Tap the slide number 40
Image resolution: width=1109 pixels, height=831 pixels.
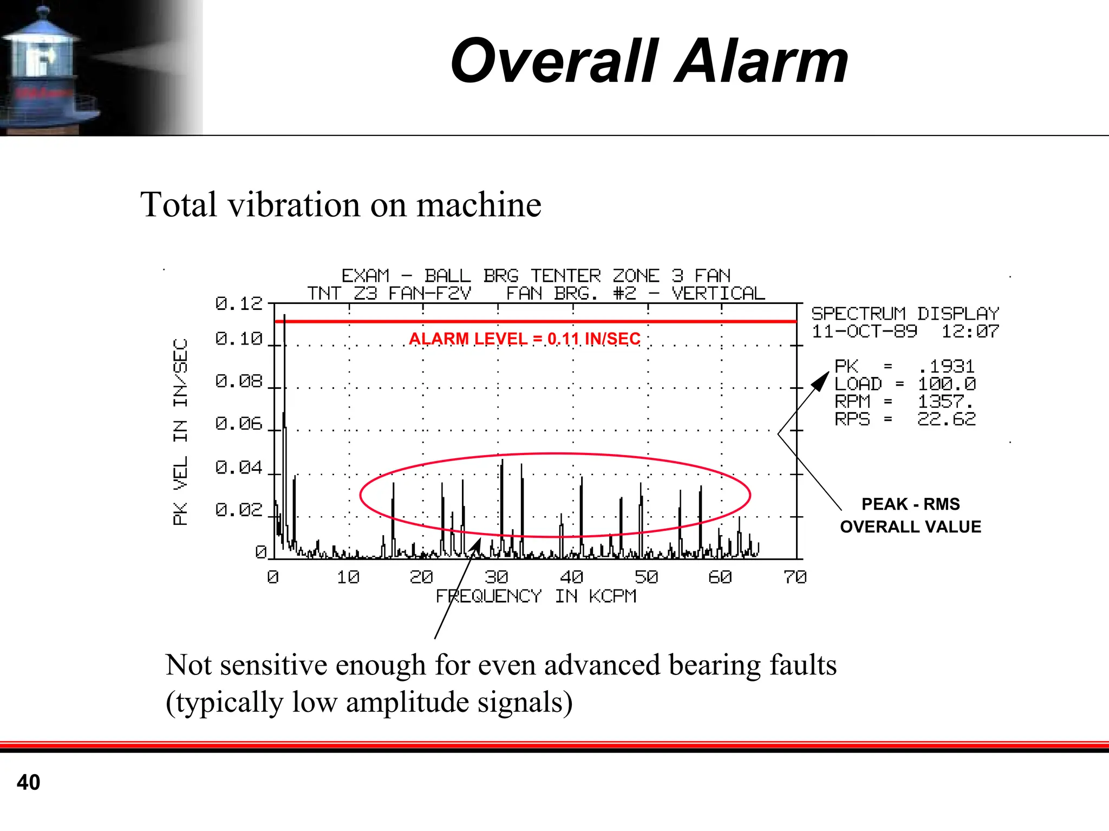[28, 782]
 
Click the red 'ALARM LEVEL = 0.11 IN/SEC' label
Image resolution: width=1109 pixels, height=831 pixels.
[524, 339]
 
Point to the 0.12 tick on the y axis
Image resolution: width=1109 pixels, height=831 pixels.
[239, 304]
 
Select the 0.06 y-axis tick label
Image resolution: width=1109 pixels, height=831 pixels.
[239, 424]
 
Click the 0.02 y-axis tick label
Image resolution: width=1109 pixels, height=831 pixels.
[239, 510]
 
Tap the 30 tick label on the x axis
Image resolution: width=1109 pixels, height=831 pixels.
[496, 577]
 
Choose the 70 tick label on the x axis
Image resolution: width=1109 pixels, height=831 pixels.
[795, 577]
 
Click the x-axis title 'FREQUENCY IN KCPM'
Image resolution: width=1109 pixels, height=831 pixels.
[536, 596]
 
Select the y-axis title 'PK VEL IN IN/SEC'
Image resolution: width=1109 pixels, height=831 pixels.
[180, 432]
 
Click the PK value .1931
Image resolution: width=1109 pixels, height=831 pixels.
[947, 367]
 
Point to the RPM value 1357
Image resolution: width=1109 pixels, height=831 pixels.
[945, 402]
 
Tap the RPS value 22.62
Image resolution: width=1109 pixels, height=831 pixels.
[947, 419]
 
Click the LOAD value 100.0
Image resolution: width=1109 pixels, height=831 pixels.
[947, 385]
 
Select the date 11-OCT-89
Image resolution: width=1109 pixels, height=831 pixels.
[864, 332]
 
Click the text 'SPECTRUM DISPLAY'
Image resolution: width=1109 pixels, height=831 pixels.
[905, 314]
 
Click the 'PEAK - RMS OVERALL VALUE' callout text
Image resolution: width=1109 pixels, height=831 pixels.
[910, 515]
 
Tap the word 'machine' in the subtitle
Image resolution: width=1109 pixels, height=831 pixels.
[479, 205]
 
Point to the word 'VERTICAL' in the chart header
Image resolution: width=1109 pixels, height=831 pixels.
[719, 294]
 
